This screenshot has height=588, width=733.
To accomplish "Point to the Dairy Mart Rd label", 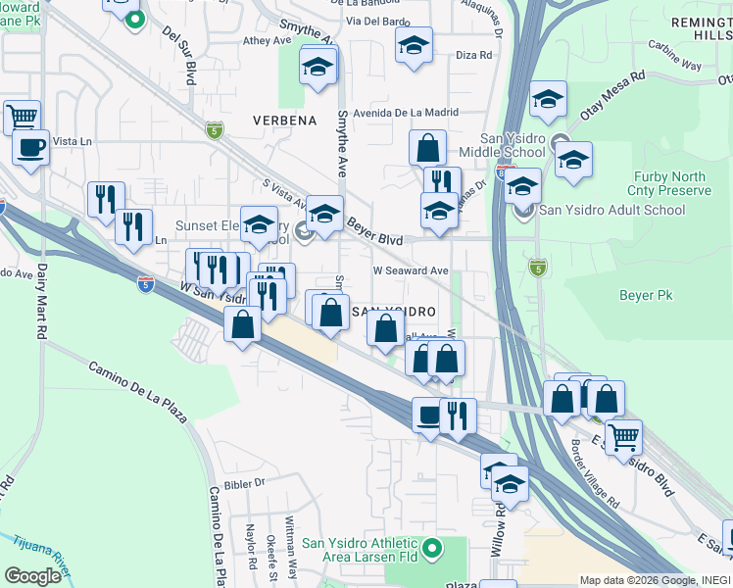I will tap(42, 299).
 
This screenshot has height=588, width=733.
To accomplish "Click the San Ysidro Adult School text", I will tap(612, 210).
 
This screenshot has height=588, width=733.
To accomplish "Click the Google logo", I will tap(31, 576).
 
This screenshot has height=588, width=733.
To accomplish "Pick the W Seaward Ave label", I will tap(410, 270).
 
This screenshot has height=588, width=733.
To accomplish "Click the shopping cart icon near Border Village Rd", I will tap(623, 436).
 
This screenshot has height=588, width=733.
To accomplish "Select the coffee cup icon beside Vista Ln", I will tap(30, 148).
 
